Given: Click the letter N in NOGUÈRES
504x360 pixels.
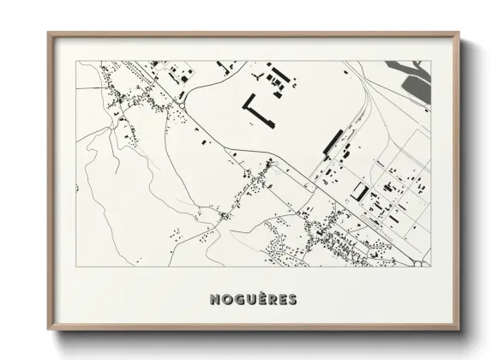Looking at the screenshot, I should pyautogui.click(x=214, y=299).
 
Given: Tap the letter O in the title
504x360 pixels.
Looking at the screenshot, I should pyautogui.click(x=226, y=299).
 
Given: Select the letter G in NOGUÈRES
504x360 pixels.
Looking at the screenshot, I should pyautogui.click(x=238, y=299).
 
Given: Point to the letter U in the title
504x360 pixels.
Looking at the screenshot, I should pyautogui.click(x=250, y=299).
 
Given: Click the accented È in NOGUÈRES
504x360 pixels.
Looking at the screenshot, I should pyautogui.click(x=261, y=298).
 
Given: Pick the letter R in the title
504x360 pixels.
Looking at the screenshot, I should pyautogui.click(x=272, y=299).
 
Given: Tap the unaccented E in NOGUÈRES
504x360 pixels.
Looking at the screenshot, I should pyautogui.click(x=282, y=299).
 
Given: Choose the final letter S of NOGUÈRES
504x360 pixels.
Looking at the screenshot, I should pyautogui.click(x=292, y=299).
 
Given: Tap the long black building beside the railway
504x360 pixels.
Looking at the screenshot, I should pyautogui.click(x=333, y=141).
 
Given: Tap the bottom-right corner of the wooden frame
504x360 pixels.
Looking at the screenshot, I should pyautogui.click(x=459, y=330).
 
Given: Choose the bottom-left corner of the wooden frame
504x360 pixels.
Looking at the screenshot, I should pyautogui.click(x=49, y=330).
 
